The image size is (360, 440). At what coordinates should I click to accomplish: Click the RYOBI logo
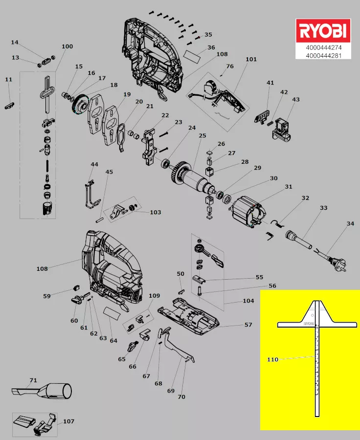point(323,32)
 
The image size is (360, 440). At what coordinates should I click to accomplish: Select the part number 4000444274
point(323,48)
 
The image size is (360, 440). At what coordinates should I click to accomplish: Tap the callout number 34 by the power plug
point(350,223)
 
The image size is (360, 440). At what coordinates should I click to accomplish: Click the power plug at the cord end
point(339,266)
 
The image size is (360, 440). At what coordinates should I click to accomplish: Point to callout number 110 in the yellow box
point(272,360)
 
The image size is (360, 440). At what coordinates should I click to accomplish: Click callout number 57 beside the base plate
point(248,325)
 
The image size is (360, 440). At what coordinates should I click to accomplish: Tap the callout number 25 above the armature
point(202,135)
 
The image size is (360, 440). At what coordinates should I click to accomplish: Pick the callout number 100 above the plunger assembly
point(67,46)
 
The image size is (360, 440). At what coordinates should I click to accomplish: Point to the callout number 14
point(15,43)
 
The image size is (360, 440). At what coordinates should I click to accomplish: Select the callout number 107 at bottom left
point(68,421)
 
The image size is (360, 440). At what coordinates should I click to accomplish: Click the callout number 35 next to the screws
point(208,35)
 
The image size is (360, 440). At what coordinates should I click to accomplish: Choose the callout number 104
point(248,301)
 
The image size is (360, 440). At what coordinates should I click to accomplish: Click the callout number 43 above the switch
point(295,100)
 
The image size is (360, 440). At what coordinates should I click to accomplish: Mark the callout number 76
point(229,66)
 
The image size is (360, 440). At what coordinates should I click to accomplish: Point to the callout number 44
point(94,164)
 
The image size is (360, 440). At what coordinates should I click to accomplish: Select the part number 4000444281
point(323,55)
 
